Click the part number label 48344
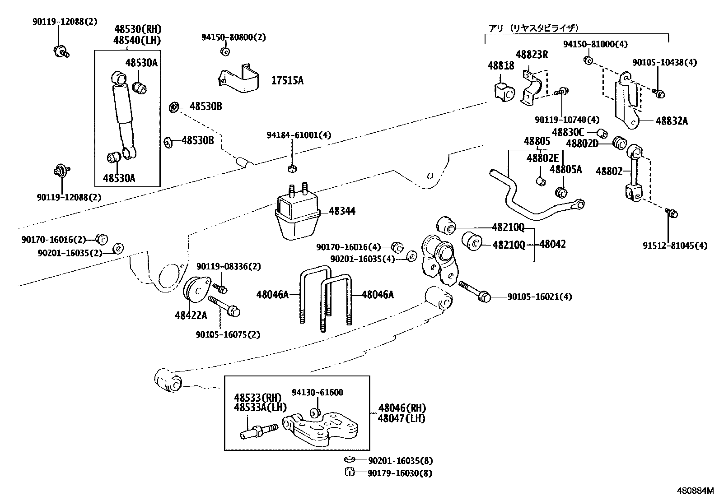point(342,211)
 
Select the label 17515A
point(287,81)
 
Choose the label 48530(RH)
point(137,29)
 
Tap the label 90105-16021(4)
point(540,297)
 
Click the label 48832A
point(672,121)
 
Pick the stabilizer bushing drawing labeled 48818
point(503,92)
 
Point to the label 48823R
point(532,55)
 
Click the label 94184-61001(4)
point(299,135)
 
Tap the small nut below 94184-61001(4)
point(291,169)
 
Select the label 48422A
point(191,315)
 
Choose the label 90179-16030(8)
point(400,473)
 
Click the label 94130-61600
point(317,393)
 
